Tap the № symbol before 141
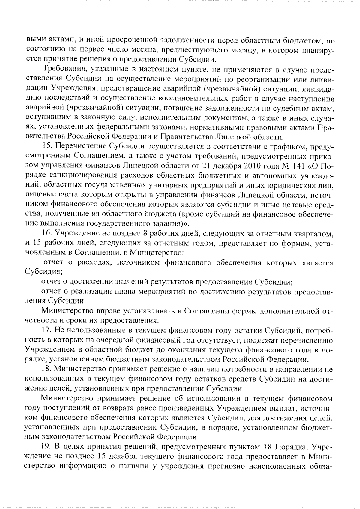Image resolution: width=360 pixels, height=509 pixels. [x=272, y=166]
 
